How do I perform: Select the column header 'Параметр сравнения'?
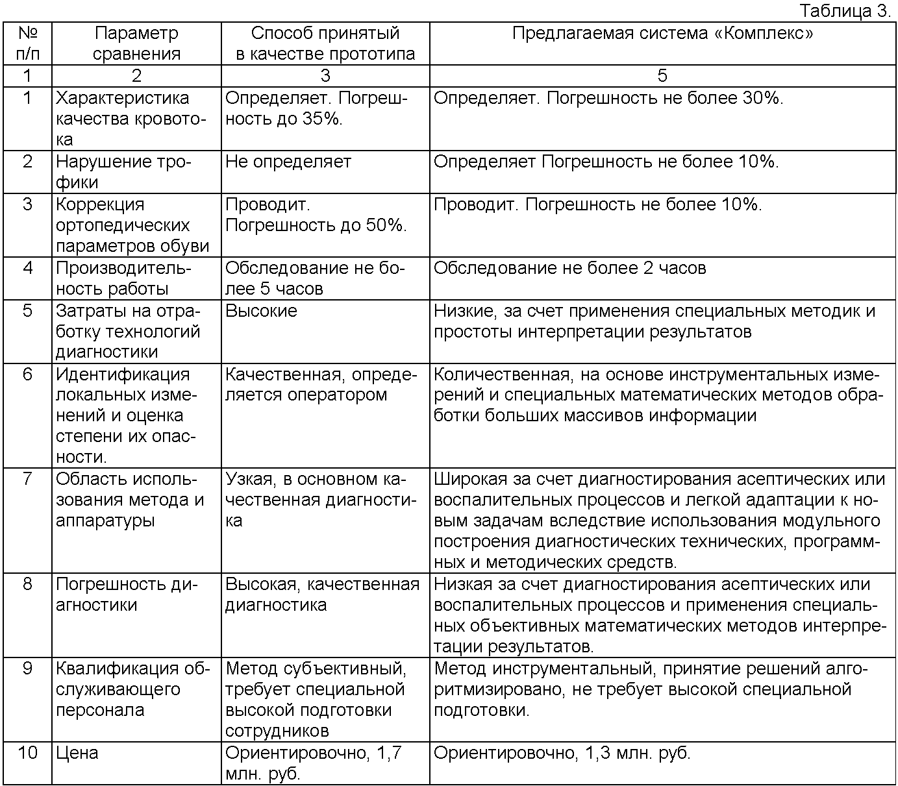click(x=136, y=43)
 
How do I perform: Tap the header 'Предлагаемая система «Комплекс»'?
click(x=662, y=33)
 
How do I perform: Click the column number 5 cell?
click(x=662, y=76)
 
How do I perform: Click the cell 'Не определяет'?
click(x=288, y=162)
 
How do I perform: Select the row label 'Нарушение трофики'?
click(x=123, y=172)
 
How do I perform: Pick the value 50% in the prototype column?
click(x=386, y=225)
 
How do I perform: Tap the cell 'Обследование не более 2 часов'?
click(x=569, y=268)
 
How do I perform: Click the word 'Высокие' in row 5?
click(x=261, y=311)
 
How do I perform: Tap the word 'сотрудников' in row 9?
click(x=277, y=731)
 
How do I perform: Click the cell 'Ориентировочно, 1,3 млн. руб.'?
click(x=562, y=753)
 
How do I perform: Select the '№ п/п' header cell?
click(x=27, y=43)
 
